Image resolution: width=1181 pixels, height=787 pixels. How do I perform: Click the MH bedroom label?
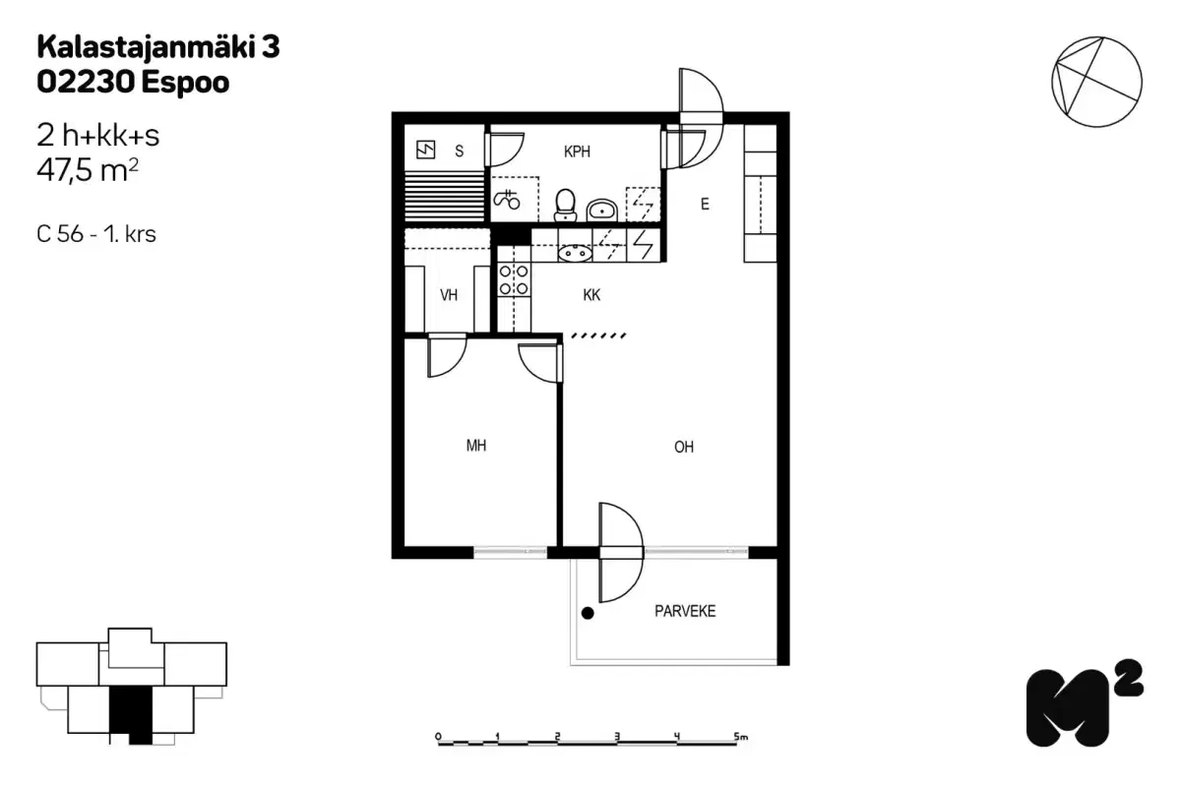pos(476,446)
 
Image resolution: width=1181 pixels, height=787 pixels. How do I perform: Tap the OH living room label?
pos(684,447)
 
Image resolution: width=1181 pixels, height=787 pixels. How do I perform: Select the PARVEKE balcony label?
pos(685,611)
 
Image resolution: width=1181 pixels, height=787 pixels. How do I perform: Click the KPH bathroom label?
pos(577,151)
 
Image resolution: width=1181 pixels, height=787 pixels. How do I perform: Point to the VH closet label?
pos(449,294)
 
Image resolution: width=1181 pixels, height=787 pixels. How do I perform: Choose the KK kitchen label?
pos(591,294)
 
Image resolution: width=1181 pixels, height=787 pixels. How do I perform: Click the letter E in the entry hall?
pos(705,205)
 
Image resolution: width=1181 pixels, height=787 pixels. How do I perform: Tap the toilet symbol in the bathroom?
pos(565,204)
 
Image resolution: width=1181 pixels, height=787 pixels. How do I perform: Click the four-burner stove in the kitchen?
pos(514,279)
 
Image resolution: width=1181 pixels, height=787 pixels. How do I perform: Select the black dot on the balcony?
pos(588,614)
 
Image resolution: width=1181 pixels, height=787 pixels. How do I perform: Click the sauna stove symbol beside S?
pos(426,150)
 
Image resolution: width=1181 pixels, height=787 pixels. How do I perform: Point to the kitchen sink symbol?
pos(574,253)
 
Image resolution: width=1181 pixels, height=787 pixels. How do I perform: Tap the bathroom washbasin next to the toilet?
pos(602,209)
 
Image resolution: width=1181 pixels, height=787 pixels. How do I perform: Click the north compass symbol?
pos(1096,83)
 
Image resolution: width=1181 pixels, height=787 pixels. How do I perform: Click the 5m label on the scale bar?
pos(740,736)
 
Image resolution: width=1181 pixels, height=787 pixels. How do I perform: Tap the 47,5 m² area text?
pos(87,171)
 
